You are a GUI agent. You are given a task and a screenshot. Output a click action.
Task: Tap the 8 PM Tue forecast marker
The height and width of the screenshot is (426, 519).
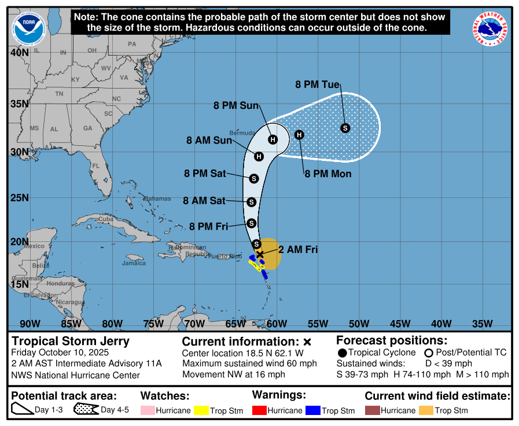pos(345,127)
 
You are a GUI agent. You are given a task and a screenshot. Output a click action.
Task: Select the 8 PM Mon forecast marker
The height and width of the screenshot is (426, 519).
pos(299,135)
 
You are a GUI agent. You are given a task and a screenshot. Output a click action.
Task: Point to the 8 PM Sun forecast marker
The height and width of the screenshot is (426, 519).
pos(273,139)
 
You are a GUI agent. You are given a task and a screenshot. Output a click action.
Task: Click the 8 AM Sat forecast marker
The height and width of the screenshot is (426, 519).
pos(251,202)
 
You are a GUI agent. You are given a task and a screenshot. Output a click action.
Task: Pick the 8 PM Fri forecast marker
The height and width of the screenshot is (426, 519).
pos(251,223)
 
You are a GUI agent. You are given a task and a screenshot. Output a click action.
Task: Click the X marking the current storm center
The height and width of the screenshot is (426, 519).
pos(260,254)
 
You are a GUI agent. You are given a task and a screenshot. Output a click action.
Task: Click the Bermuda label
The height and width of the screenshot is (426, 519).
pos(242,132)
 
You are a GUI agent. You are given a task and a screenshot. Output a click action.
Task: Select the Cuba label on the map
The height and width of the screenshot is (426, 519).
pos(105,219)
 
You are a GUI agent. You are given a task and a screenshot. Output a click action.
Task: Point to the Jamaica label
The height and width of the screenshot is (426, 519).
pos(134,263)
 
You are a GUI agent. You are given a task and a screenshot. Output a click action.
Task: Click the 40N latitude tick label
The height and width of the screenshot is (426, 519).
pos(20,52)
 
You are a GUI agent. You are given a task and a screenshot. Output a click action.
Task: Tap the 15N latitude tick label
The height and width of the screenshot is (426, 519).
pos(20,284)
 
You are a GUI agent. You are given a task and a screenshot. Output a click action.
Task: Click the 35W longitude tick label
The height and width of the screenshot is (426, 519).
pos(482,323)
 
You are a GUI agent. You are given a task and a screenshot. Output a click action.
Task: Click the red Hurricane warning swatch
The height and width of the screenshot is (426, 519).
pos(259,410)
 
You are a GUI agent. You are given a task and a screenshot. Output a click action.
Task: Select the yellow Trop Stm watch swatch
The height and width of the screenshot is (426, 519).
pos(201,410)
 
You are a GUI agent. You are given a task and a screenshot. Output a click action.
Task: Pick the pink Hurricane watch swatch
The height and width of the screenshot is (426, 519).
pos(148,410)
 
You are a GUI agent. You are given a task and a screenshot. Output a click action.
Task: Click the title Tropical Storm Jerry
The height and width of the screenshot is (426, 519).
pos(71,341)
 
